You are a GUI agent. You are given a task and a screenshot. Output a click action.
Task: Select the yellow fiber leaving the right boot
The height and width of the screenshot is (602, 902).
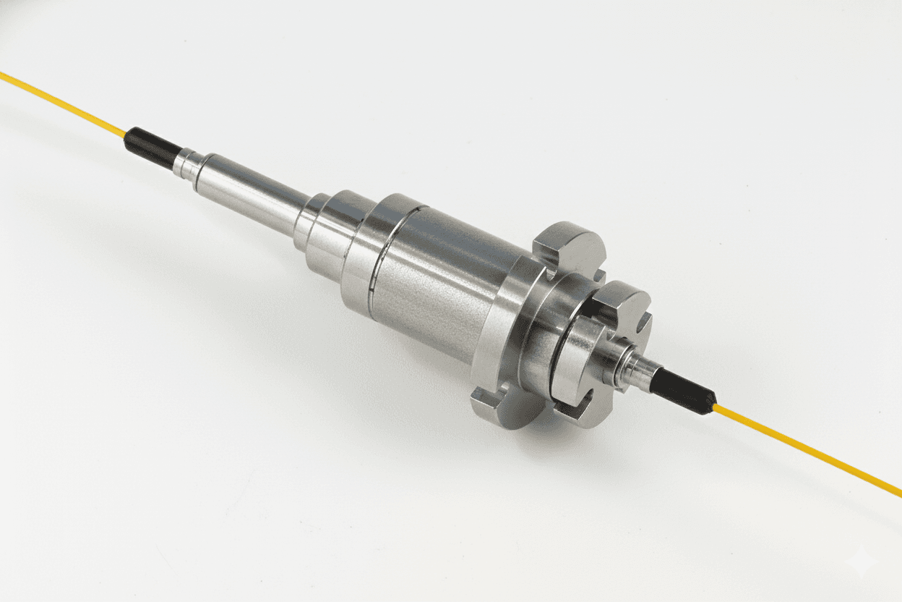(809, 451)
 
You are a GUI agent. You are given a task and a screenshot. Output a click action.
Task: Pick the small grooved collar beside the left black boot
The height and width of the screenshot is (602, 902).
(186, 163)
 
